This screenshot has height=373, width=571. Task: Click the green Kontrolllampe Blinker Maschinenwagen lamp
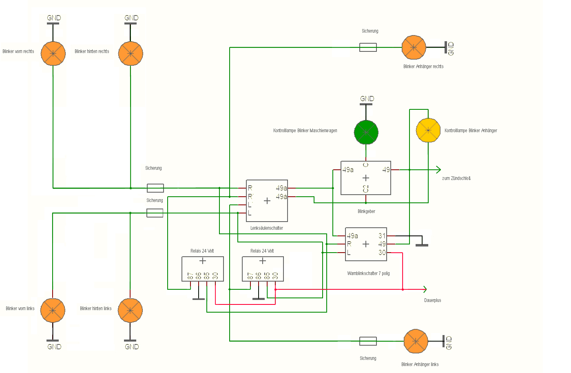366,132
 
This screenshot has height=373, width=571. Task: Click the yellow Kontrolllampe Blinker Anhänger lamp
428,131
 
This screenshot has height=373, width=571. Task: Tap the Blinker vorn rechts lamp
53,53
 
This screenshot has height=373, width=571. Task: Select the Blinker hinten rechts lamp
131,53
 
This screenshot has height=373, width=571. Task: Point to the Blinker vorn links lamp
53,311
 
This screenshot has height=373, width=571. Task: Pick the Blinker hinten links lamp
130,311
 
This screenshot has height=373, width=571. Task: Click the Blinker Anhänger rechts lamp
414,47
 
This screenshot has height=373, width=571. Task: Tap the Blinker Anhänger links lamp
416,341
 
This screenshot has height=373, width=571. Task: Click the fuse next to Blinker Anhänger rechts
368,47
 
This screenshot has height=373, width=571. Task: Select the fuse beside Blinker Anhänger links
368,341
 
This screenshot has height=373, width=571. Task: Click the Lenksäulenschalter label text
267,228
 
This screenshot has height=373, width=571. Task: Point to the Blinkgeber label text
366,211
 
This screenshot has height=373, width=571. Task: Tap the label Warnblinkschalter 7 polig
368,273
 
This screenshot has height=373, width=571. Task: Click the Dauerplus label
432,300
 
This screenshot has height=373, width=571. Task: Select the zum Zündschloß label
456,178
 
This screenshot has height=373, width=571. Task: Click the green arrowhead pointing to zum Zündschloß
438,170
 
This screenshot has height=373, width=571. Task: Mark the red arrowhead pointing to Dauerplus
425,289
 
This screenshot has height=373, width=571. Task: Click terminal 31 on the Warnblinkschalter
382,236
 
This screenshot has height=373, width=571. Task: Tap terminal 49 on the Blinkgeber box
386,170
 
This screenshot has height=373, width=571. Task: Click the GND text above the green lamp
367,99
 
